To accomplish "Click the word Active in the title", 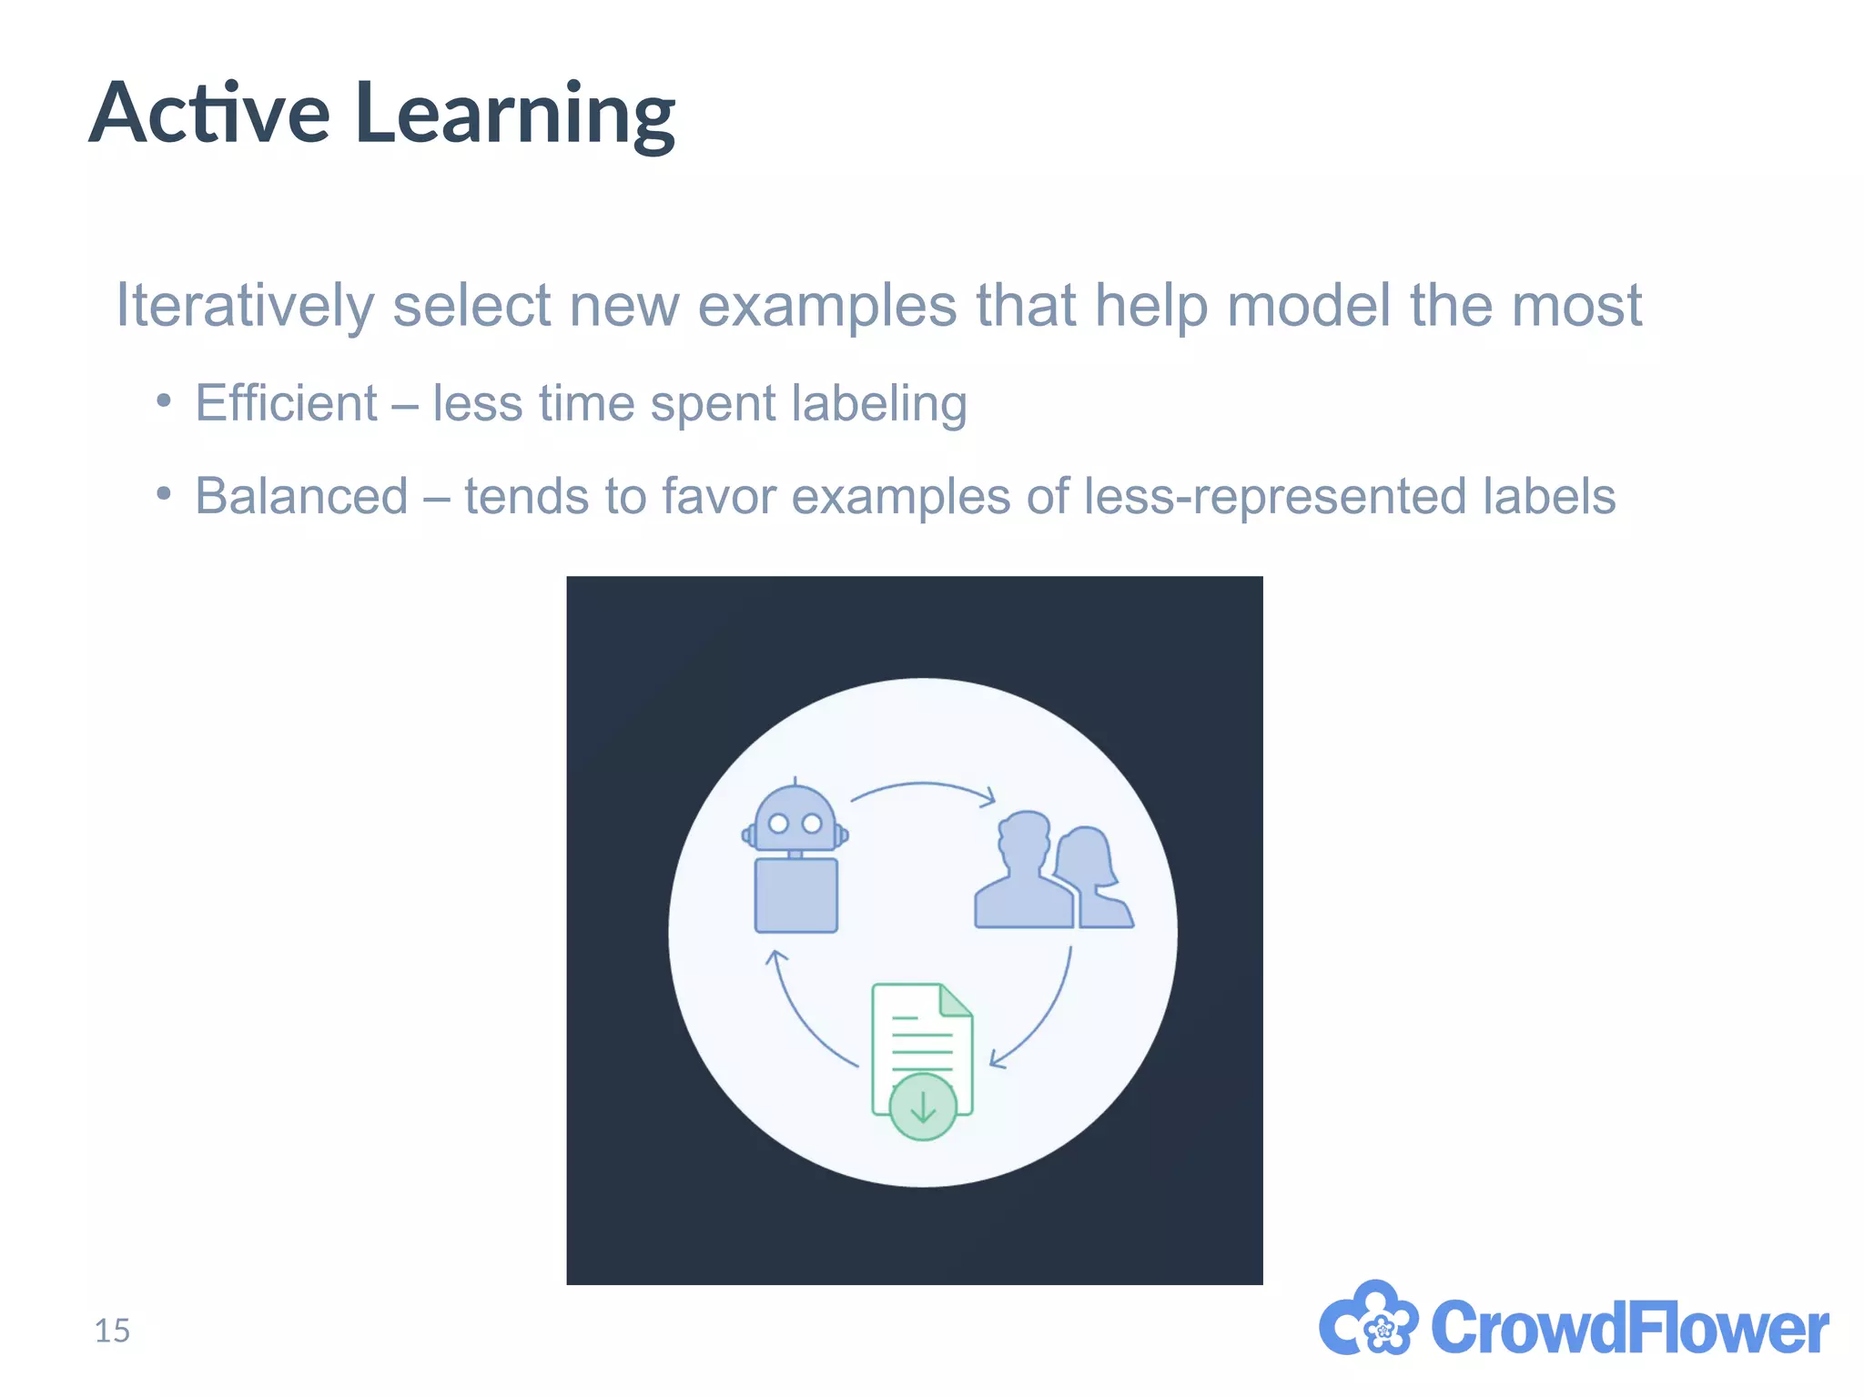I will tap(209, 114).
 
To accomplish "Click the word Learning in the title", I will tap(515, 116).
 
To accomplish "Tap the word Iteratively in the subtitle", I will tap(244, 306).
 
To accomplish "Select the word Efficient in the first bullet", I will tap(286, 403).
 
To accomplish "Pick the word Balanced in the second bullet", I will tap(301, 497).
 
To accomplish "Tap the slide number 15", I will tap(112, 1331).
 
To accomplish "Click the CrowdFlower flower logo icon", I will tap(1367, 1321).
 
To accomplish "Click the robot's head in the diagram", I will tap(795, 818).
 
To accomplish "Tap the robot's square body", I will tap(795, 896).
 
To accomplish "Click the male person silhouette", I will tap(1023, 874).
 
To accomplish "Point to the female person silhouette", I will tap(1096, 880).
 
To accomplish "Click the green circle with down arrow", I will tap(923, 1107).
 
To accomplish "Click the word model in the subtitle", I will tap(1308, 306).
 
